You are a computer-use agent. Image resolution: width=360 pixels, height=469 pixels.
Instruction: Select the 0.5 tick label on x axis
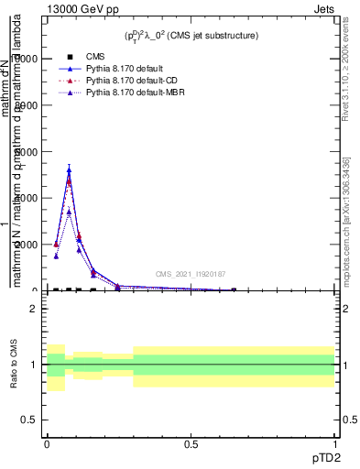191,444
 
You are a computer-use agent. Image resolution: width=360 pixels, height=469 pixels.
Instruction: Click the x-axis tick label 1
335,444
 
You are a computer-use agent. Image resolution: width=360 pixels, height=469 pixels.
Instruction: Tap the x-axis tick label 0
47,444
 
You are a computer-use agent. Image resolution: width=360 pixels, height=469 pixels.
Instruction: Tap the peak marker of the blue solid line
69,170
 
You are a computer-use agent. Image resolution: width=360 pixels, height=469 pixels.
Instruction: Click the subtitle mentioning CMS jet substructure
191,36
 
